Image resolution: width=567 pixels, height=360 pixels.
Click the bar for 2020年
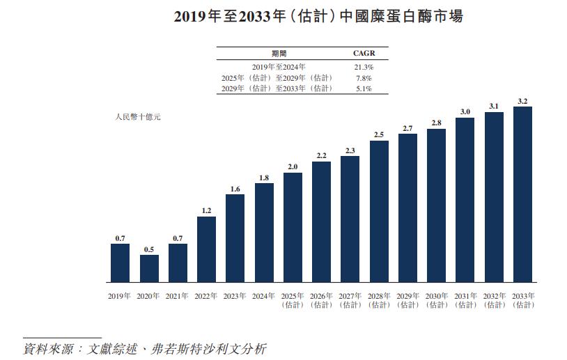coord(149,268)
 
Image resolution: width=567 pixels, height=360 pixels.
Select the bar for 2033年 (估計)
coord(522,194)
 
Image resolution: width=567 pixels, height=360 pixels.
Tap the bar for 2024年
coord(264,233)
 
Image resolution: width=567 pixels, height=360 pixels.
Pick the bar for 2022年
coord(206,249)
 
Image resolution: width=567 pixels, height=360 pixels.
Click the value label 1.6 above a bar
coord(235,189)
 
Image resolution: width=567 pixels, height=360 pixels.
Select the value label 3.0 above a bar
coord(465,112)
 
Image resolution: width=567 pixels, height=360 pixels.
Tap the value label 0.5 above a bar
coord(149,249)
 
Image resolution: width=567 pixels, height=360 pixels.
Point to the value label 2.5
coord(379,134)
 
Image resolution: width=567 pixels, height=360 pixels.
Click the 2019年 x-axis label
coord(120,296)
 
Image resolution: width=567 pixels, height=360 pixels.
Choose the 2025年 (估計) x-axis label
coord(293,300)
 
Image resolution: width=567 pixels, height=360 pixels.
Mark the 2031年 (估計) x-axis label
coord(465,300)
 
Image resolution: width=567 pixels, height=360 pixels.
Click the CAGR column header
coord(364,53)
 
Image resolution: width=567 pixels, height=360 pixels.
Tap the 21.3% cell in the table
coord(364,67)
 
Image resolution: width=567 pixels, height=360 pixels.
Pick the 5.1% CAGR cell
coord(364,88)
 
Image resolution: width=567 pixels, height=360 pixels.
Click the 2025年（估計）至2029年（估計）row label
coord(277,78)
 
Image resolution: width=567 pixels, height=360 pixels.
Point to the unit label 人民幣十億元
coord(138,117)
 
